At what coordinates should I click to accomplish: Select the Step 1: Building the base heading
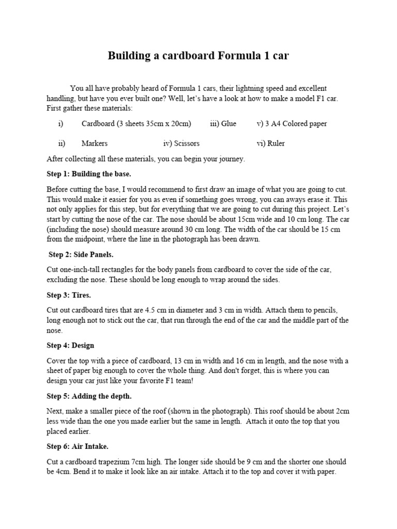pyautogui.click(x=89, y=174)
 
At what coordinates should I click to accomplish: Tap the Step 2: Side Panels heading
pyautogui.click(x=81, y=255)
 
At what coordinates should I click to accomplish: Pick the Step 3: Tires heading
pyautogui.click(x=69, y=295)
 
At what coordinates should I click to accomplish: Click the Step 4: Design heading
pyautogui.click(x=70, y=345)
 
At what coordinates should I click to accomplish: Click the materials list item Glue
pyautogui.click(x=228, y=124)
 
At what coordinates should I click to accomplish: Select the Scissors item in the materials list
pyautogui.click(x=187, y=143)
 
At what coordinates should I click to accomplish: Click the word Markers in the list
pyautogui.click(x=95, y=143)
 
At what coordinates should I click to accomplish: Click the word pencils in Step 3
pyautogui.click(x=325, y=310)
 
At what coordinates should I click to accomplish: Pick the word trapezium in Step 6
pyautogui.click(x=119, y=462)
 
